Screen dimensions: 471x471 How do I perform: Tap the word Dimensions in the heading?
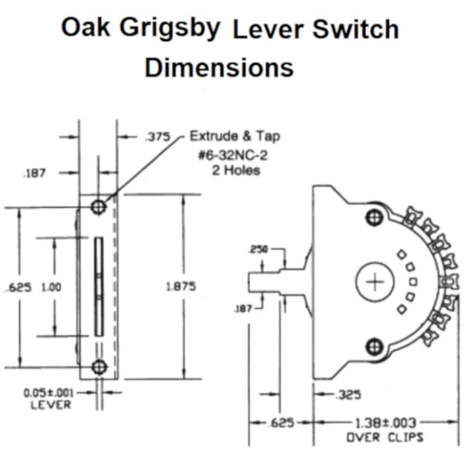(219, 67)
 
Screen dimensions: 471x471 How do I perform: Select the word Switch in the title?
(357, 29)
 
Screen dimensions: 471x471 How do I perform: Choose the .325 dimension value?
(350, 395)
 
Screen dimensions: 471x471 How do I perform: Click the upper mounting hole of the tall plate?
(98, 207)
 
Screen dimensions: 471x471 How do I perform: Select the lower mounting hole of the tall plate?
(98, 366)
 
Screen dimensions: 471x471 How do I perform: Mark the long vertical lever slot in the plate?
(98, 286)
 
